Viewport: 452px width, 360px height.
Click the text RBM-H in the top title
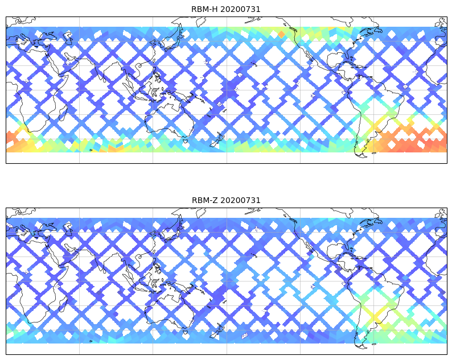coord(203,9)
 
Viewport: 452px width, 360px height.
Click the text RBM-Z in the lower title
coord(203,200)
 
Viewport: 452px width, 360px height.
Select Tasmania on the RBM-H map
coord(183,138)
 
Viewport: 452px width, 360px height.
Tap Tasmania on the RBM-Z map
coord(183,329)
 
